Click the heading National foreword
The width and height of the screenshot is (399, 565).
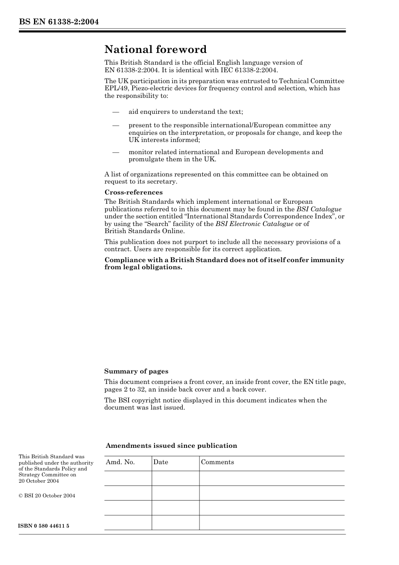click(x=155, y=50)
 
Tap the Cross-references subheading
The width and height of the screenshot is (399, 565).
click(x=134, y=192)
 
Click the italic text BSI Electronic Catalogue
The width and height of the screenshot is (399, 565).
click(x=255, y=224)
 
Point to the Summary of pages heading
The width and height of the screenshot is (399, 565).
click(x=136, y=371)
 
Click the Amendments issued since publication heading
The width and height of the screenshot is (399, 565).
click(x=171, y=446)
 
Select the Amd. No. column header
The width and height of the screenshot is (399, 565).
click(x=120, y=462)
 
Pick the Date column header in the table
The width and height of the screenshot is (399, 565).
click(x=160, y=462)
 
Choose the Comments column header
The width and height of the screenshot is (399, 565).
click(x=217, y=462)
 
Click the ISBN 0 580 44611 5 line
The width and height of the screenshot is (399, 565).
click(x=44, y=526)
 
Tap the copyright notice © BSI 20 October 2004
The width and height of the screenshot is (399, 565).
click(x=47, y=496)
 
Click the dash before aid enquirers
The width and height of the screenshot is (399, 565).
click(x=115, y=112)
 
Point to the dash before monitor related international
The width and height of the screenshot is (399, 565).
click(x=115, y=152)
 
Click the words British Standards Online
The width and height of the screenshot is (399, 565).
click(x=144, y=231)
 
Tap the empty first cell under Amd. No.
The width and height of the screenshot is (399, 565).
click(x=128, y=478)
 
